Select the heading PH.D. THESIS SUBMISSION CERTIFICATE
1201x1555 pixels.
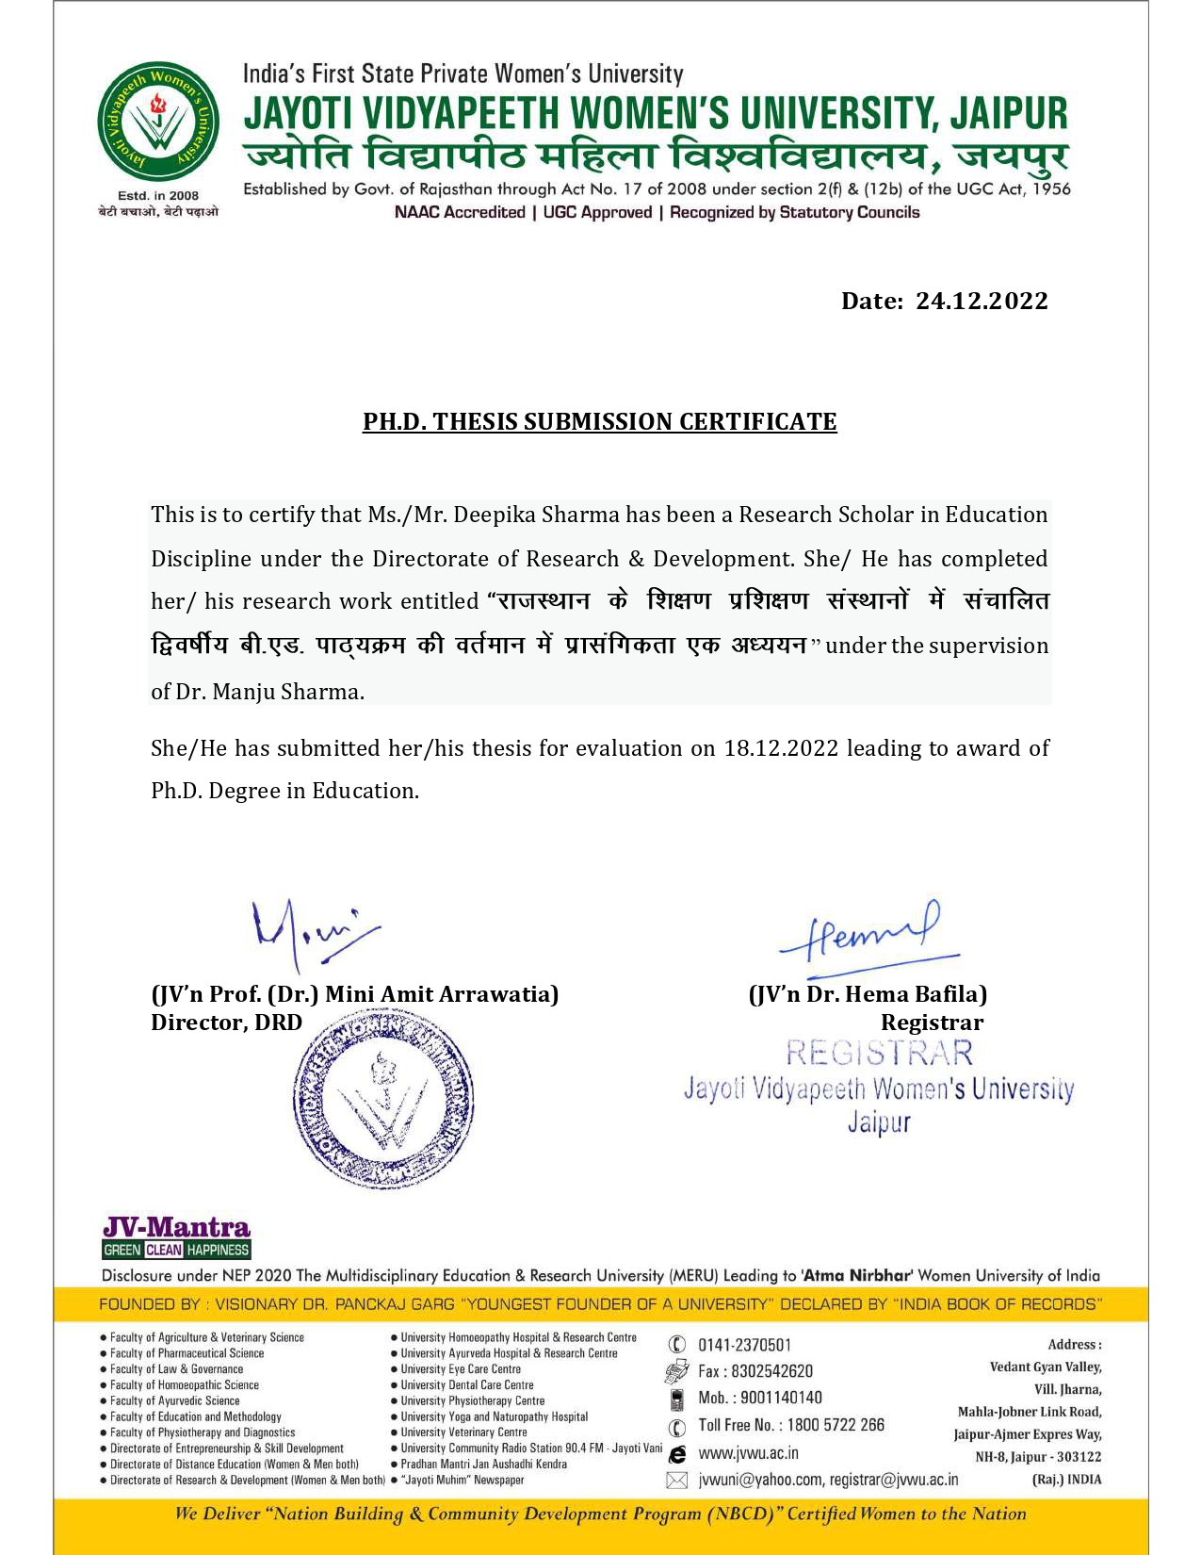[599, 421]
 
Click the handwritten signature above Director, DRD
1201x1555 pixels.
[311, 933]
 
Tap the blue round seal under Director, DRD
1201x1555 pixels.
[383, 1096]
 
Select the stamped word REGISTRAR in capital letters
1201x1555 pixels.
[879, 1053]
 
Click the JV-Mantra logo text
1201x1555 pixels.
[176, 1227]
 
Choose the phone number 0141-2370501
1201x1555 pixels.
[744, 1345]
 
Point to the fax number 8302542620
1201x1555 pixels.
[771, 1371]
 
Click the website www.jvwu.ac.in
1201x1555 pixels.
[748, 1453]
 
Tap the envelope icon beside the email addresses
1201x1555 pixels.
[676, 1481]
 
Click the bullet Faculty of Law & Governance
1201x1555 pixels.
[176, 1369]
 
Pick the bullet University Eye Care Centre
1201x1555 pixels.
[460, 1369]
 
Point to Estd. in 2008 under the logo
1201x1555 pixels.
[158, 196]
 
